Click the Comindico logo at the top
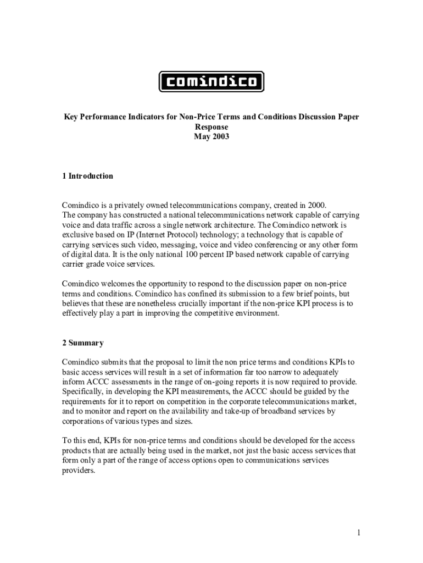point(211,82)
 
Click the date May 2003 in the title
point(211,137)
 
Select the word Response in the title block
point(211,128)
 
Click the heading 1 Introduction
point(87,176)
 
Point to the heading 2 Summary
point(82,343)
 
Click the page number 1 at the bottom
point(358,532)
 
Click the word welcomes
point(121,284)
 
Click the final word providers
point(78,471)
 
